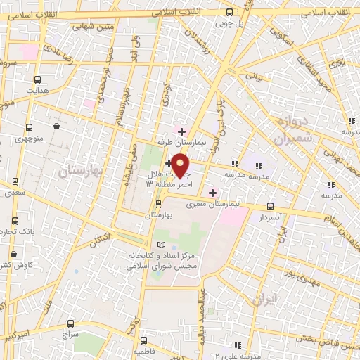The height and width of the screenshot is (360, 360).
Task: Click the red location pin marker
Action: [181, 165]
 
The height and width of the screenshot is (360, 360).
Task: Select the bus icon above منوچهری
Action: [29, 128]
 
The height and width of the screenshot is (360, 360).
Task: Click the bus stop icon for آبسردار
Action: [271, 207]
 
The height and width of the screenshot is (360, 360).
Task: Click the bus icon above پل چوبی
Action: [230, 12]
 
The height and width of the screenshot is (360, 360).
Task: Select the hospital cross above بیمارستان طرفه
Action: [181, 131]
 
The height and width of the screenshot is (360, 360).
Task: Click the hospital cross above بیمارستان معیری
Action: [212, 192]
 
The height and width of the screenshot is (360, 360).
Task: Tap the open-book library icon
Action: [162, 243]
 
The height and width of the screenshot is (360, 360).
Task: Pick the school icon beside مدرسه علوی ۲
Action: [239, 345]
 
